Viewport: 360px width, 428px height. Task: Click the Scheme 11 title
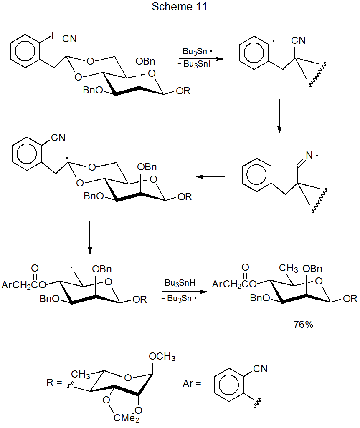179,7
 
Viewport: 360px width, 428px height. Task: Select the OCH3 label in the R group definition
162,357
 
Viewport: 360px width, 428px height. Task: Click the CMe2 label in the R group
130,418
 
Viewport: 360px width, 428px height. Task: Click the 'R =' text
55,383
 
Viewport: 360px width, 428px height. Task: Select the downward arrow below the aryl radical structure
279,116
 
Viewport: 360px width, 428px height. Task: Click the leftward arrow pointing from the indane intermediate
210,176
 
